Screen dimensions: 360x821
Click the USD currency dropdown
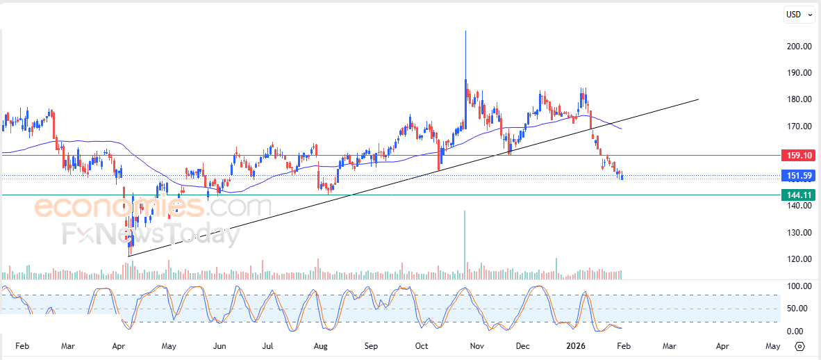tap(799, 14)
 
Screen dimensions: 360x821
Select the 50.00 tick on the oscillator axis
tap(797, 309)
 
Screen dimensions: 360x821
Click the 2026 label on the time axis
tap(576, 345)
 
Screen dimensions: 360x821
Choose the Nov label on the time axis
tap(476, 345)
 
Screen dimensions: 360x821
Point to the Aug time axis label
tap(320, 345)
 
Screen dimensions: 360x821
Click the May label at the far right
tap(772, 345)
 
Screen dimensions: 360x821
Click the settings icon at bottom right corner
tap(799, 346)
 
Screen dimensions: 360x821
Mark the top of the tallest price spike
tap(465, 31)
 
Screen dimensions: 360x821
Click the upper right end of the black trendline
tap(697, 99)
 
